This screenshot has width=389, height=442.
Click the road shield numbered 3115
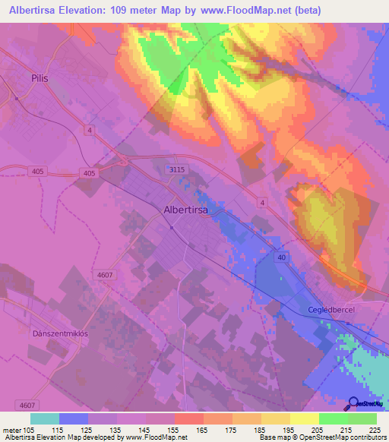[x=176, y=171]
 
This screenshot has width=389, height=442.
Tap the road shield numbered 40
[x=281, y=257]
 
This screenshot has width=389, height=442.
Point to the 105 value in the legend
[x=32, y=430]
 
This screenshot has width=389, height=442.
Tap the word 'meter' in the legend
[x=12, y=430]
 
